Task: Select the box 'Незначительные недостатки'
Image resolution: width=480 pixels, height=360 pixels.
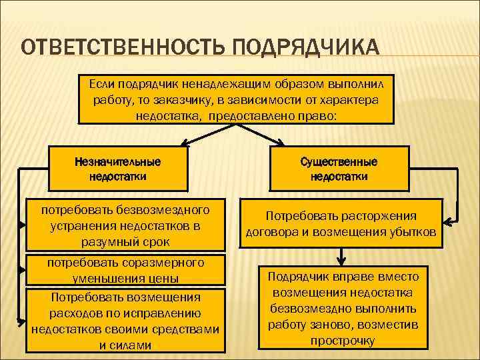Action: [117, 169]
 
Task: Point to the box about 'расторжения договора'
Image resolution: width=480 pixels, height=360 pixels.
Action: [341, 225]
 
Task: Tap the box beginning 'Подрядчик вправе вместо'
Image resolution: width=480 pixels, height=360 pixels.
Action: [343, 308]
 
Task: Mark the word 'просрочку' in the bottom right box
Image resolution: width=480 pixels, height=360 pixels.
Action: [343, 341]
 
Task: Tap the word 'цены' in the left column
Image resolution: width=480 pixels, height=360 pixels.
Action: [165, 277]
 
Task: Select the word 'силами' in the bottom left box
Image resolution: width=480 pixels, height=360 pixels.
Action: [133, 345]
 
